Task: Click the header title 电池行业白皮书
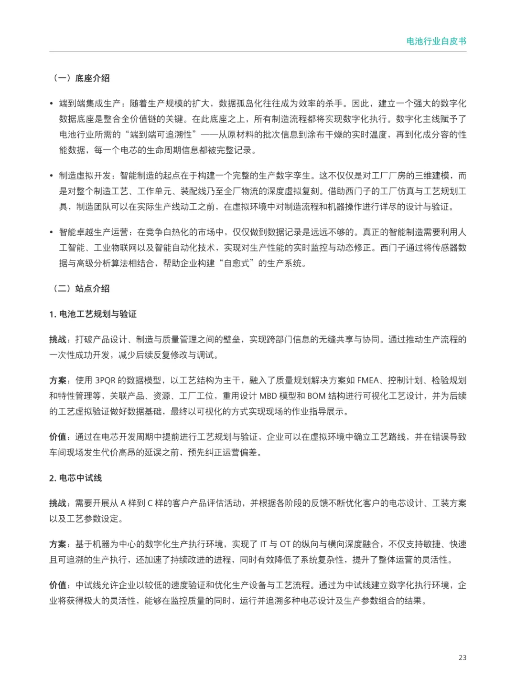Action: [436, 42]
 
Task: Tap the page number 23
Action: [462, 657]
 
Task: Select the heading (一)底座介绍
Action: [80, 78]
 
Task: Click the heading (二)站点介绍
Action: [80, 289]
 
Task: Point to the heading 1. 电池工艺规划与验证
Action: [93, 314]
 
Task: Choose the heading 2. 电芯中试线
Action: [75, 478]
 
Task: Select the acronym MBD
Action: [268, 396]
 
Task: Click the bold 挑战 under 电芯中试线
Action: [58, 503]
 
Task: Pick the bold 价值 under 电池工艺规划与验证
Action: [58, 437]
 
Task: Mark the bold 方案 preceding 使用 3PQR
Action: [58, 380]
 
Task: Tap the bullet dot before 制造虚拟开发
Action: [52, 176]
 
